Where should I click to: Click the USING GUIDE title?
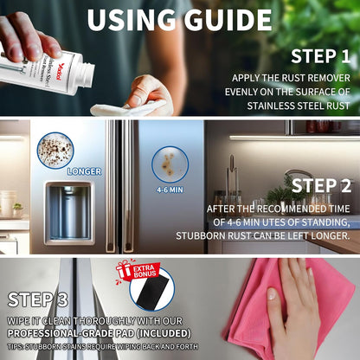pos(180,19)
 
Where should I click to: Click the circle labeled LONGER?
pos(55,149)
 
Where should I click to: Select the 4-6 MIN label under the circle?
pos(169,190)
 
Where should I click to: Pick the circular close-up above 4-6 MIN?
pos(169,163)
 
